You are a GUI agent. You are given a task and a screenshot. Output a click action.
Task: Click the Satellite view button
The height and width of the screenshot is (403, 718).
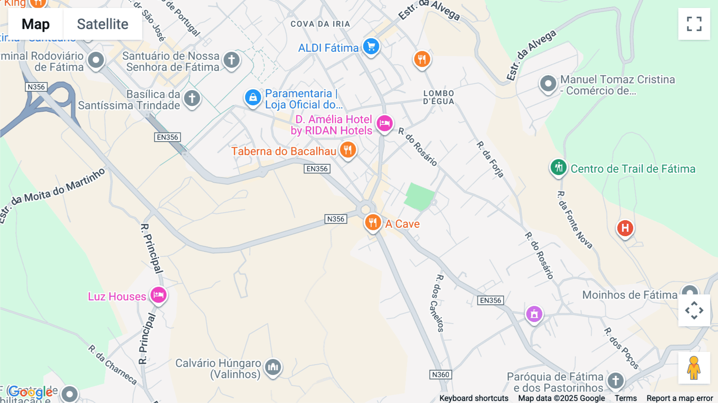[x=103, y=24]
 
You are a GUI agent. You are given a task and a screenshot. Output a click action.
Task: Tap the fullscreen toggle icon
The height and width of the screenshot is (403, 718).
[x=694, y=24]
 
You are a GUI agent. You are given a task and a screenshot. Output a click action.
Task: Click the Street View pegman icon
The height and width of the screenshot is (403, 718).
[x=694, y=368]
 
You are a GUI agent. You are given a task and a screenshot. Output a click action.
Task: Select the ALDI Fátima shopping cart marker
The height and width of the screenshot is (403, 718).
[x=371, y=47]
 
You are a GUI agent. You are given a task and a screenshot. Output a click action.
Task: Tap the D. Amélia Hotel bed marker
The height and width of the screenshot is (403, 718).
[x=385, y=123]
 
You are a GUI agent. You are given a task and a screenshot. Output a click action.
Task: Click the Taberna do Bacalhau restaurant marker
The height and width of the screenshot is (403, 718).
[x=348, y=150]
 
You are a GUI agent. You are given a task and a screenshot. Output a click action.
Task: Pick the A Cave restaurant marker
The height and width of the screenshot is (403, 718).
[x=373, y=223]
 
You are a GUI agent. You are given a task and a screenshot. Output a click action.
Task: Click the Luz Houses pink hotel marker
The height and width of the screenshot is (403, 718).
[x=158, y=295]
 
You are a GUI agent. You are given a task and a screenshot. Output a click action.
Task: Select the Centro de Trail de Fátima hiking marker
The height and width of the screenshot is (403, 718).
[x=558, y=168]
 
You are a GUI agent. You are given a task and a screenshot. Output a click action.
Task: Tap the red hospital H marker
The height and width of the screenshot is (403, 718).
[x=625, y=228]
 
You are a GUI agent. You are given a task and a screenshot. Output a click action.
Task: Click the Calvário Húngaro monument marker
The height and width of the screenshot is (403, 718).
[x=273, y=366]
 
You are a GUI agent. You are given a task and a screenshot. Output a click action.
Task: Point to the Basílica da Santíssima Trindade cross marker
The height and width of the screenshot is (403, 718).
[x=192, y=98]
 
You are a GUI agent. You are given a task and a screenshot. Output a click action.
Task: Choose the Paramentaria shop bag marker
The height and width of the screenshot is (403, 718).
[x=253, y=97]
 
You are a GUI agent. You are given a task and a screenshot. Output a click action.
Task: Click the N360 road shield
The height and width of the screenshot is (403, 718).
[x=440, y=375]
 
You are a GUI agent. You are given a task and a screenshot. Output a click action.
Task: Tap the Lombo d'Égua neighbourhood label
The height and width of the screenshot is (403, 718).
[x=439, y=97]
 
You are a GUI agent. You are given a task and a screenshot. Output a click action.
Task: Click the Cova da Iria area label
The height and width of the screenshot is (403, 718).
[x=320, y=24]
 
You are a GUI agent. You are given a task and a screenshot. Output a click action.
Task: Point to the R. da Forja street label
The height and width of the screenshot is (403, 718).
[x=490, y=159]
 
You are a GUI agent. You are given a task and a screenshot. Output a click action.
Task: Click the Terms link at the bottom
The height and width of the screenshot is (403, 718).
[x=625, y=398]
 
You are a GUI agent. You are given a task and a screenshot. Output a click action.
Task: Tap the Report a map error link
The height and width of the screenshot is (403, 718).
[x=680, y=398]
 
